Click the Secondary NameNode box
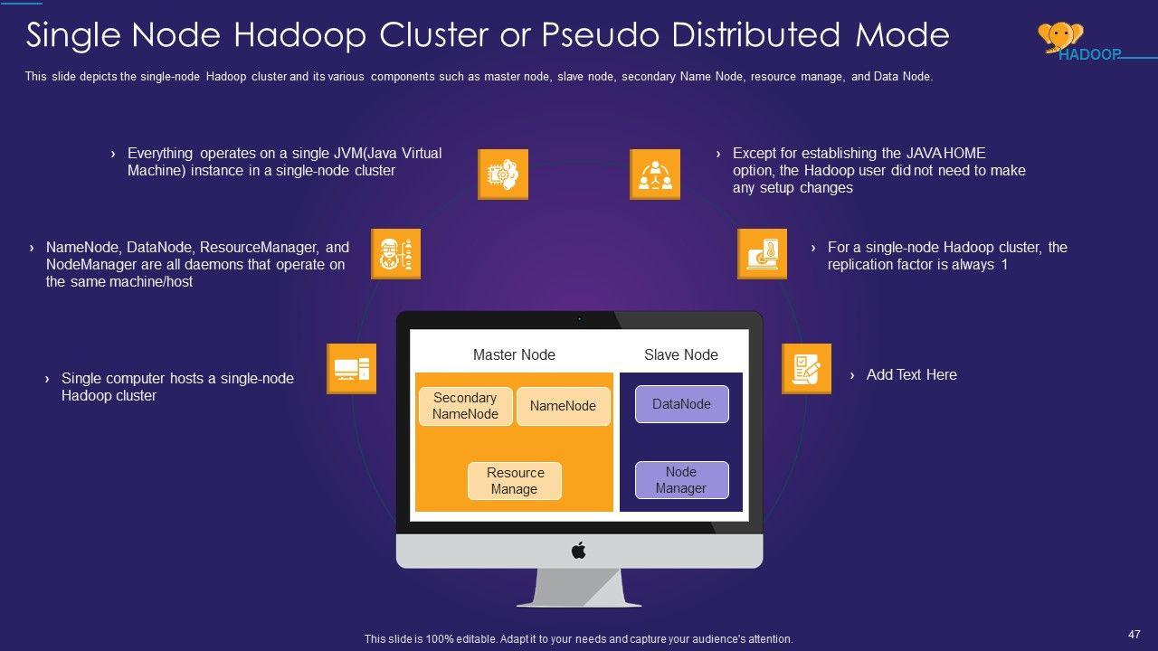pyautogui.click(x=465, y=406)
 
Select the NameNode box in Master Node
pyautogui.click(x=563, y=406)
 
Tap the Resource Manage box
pyautogui.click(x=514, y=481)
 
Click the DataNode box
pyautogui.click(x=681, y=404)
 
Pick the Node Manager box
pyautogui.click(x=681, y=480)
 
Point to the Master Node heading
pyautogui.click(x=514, y=354)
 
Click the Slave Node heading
pyautogui.click(x=680, y=354)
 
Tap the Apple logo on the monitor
pyautogui.click(x=579, y=550)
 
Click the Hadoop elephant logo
pyautogui.click(x=1059, y=36)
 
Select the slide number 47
pyautogui.click(x=1134, y=634)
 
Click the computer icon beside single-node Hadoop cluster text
pyautogui.click(x=351, y=369)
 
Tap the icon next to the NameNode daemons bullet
pyautogui.click(x=396, y=254)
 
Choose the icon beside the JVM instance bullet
pyautogui.click(x=502, y=175)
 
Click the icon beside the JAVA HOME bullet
pyautogui.click(x=654, y=175)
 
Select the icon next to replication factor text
pyautogui.click(x=762, y=254)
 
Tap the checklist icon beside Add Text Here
pyautogui.click(x=806, y=369)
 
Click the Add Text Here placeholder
pyautogui.click(x=911, y=374)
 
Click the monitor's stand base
pyautogui.click(x=579, y=601)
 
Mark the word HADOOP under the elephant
pyautogui.click(x=1090, y=54)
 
